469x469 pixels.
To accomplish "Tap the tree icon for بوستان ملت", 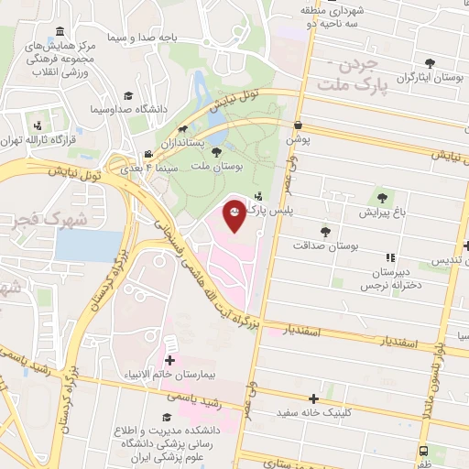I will coord(216,152).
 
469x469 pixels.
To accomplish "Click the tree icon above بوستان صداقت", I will coord(325,232).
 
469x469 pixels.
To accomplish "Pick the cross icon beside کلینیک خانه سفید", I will coord(314,398).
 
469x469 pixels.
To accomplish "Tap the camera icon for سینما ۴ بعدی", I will coord(148,155).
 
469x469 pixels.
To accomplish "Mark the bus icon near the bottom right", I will coord(423,452).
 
